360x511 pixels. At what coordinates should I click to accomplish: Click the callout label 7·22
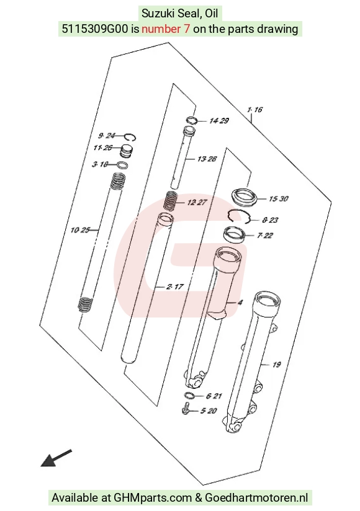pos(265,235)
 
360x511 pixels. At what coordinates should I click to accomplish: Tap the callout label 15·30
pos(279,198)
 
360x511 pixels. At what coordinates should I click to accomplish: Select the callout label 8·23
pos(270,220)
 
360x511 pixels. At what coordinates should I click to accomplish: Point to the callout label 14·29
pos(219,121)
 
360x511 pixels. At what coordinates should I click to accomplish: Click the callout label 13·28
pos(207,159)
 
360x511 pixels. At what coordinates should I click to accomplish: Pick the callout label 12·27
pos(197,202)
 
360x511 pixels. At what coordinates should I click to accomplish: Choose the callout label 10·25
pos(80,230)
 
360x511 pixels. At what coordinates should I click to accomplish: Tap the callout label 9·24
pos(107,136)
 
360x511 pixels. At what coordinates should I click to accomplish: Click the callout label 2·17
pos(175,287)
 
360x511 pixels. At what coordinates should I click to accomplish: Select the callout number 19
pos(277,365)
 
